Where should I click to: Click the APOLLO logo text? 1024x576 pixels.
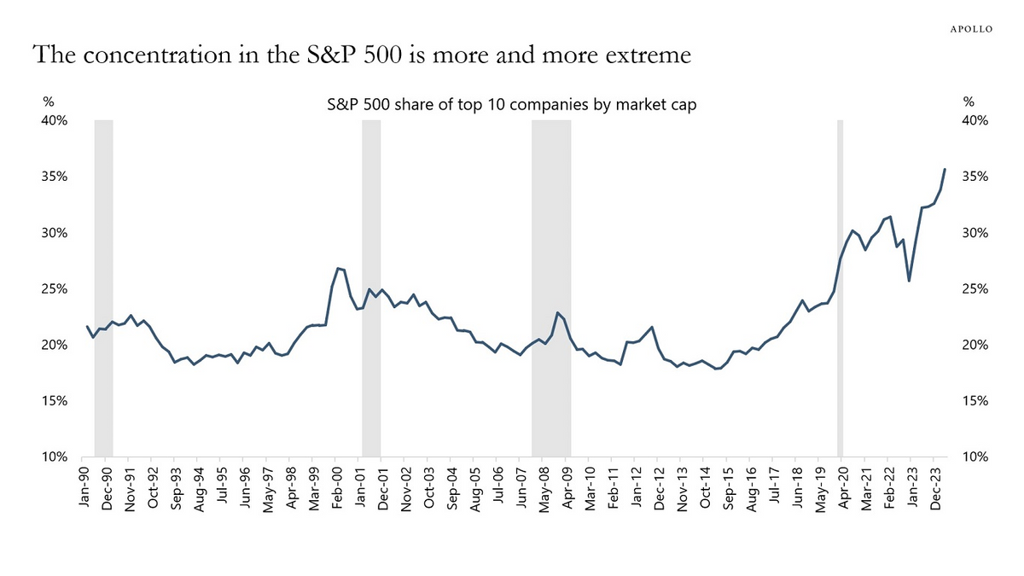point(971,27)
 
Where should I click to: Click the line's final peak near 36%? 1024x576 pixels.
point(944,169)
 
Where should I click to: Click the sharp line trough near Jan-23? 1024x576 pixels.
point(910,281)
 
